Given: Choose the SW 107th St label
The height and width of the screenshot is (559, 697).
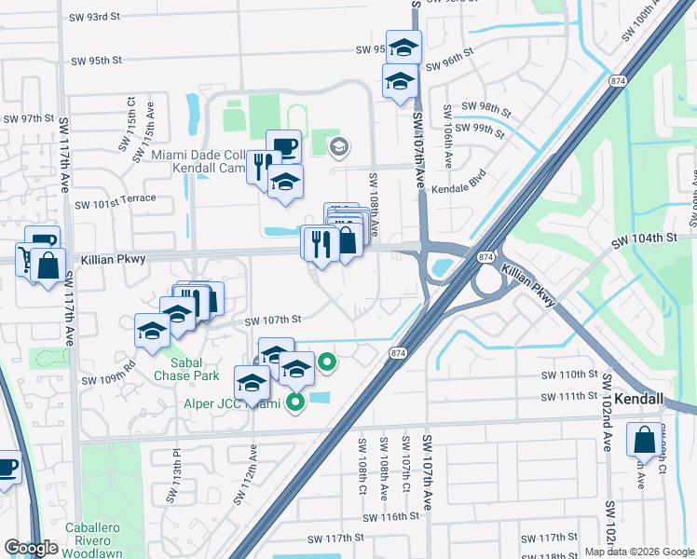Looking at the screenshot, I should (273, 320).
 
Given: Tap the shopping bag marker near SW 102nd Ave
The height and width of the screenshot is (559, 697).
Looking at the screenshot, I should (643, 441).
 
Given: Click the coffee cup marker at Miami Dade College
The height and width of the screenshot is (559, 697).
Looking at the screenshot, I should (283, 146).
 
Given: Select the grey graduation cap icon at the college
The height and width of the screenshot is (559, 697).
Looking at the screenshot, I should (338, 145).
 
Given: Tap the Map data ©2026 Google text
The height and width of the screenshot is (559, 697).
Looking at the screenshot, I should (638, 552).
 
